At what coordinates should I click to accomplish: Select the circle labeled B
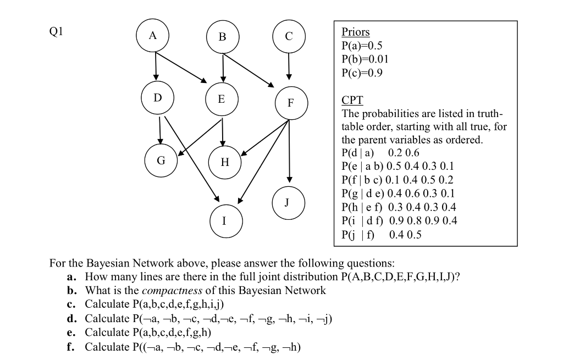tap(222, 37)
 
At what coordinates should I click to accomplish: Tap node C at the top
tap(289, 37)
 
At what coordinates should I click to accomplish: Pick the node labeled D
tap(158, 98)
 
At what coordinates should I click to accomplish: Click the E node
tap(222, 99)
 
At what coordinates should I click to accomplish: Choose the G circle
tap(161, 161)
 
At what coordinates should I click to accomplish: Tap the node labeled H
tap(224, 163)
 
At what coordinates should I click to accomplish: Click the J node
tap(286, 202)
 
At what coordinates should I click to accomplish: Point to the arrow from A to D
tap(156, 66)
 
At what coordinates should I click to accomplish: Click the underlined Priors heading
tap(356, 32)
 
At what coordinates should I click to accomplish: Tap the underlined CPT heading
tap(352, 101)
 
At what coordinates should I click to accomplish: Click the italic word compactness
tap(169, 290)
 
